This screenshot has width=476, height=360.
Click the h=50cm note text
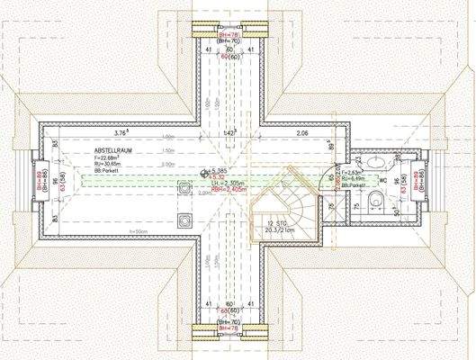[138, 232]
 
